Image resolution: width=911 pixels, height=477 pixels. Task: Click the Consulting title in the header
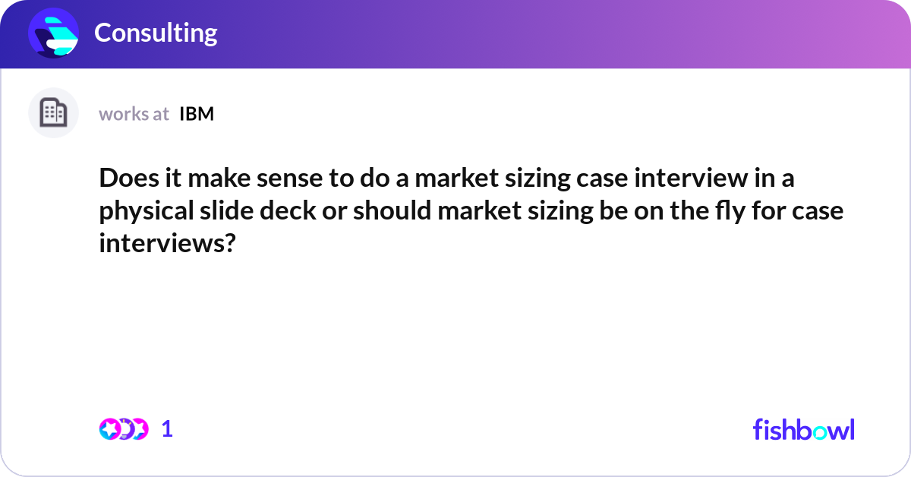156,33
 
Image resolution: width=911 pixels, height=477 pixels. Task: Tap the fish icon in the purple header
53,33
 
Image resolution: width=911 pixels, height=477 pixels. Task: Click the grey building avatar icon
53,113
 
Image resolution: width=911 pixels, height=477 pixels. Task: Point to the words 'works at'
134,114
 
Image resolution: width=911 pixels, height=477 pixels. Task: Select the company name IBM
197,114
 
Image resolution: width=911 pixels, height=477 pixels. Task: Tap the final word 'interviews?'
165,242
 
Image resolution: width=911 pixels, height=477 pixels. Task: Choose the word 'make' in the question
216,180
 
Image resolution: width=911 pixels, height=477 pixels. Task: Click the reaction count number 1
167,429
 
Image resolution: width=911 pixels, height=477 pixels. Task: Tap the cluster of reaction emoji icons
123,429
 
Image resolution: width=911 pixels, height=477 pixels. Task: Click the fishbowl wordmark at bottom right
803,429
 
